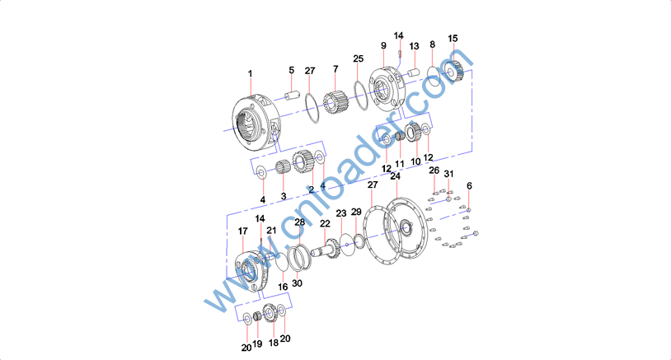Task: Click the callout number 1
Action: coord(251,74)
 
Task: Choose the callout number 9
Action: coord(383,45)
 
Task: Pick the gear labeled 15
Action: coord(453,71)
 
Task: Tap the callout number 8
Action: coord(432,44)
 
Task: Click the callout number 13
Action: coord(415,46)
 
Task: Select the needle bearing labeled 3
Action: coord(283,166)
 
